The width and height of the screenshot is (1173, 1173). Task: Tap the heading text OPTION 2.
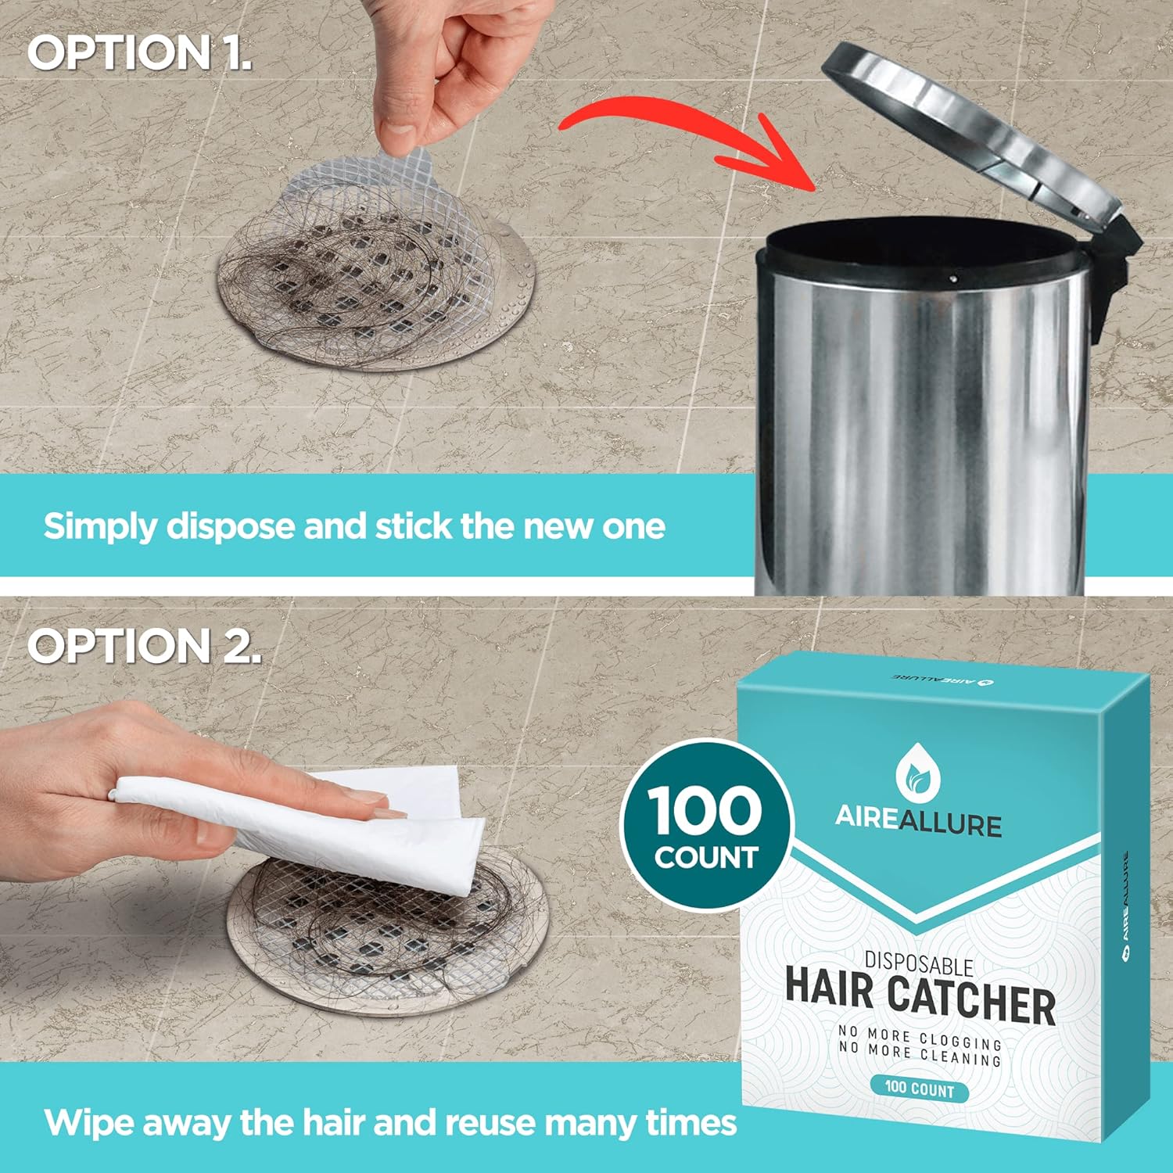pos(144,647)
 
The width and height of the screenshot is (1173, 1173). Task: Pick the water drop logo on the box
pos(918,769)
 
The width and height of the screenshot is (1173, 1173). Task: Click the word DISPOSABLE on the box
pos(919,965)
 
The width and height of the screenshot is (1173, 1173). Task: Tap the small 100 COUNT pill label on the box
pos(919,1089)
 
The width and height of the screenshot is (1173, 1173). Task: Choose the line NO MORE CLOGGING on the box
pos(920,1039)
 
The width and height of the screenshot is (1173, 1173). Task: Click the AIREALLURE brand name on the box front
pos(918,821)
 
